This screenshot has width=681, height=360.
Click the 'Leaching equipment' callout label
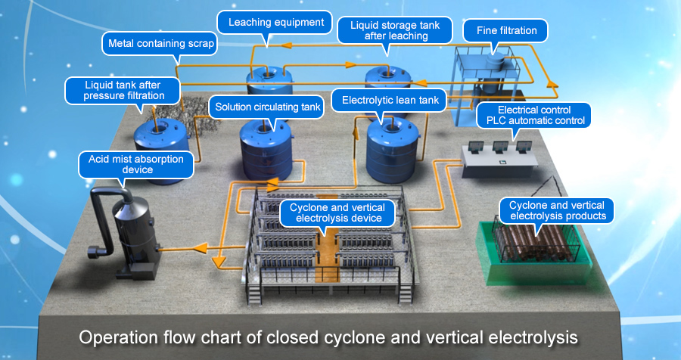point(275,22)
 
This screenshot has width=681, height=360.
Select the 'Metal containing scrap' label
point(161,44)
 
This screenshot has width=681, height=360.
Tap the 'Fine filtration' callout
point(507,31)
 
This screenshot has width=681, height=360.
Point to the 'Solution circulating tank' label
point(268,107)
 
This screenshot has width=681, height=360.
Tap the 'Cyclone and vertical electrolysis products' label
point(557,210)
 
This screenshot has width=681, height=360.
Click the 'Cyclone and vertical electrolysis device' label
point(337,213)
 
